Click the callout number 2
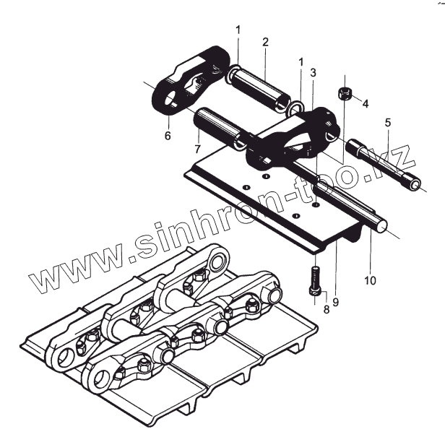[x=265, y=42]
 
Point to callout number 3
[x=313, y=72]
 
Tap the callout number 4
[x=366, y=104]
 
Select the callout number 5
[x=388, y=124]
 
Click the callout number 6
[x=168, y=134]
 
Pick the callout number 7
[x=196, y=149]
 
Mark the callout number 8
[x=326, y=310]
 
